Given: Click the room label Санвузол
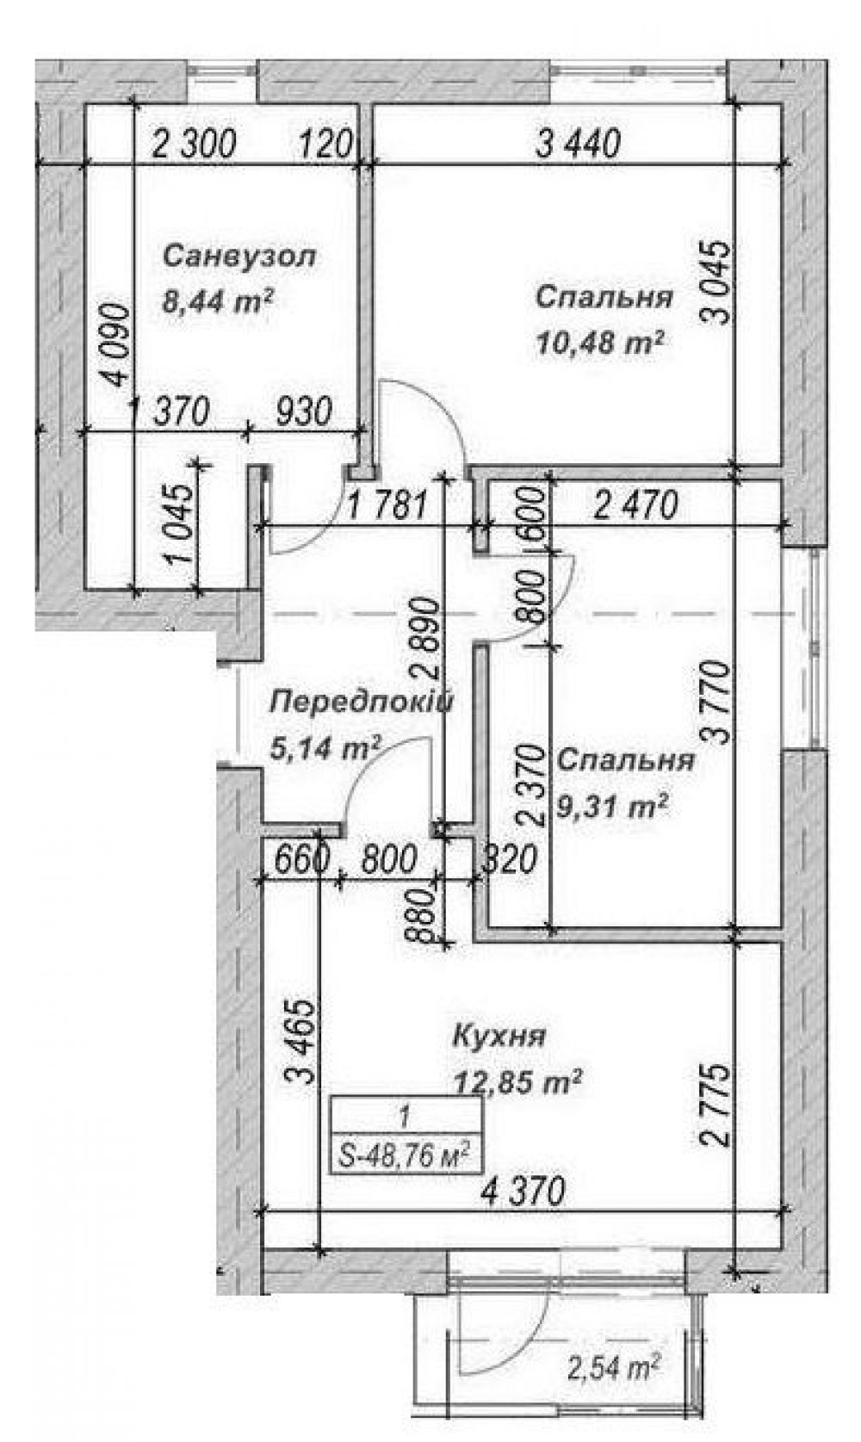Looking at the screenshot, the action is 238,257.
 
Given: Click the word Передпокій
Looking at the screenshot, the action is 362,701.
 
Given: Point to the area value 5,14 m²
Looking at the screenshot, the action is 325,747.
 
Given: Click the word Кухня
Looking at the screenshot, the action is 499,1037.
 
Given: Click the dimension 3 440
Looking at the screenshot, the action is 578,143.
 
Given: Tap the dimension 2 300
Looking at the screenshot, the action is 194,143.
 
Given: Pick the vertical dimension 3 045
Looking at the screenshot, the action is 717,282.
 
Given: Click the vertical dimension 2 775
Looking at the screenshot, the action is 716,1105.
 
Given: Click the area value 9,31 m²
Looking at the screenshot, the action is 611,805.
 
